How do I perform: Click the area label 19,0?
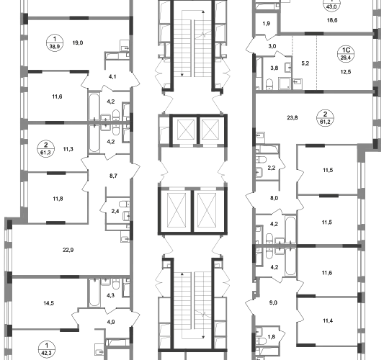(x=78, y=42)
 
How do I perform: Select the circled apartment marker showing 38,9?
(x=55, y=42)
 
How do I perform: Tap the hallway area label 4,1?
(x=112, y=76)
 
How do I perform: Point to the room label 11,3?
(x=68, y=149)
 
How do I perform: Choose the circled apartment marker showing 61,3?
(x=45, y=149)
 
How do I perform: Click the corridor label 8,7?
(x=113, y=176)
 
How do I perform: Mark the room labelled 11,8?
(x=58, y=199)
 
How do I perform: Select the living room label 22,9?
(x=68, y=250)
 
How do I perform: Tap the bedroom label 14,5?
(x=49, y=303)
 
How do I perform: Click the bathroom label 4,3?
(x=110, y=295)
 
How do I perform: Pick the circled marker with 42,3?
(x=47, y=349)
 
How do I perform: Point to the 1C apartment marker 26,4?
(x=346, y=54)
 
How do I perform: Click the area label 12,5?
(x=346, y=72)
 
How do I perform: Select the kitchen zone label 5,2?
(x=305, y=63)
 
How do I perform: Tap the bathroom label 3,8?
(x=274, y=68)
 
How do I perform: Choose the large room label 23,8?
(x=293, y=117)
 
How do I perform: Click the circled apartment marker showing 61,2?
(x=325, y=117)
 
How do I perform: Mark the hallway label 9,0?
(x=273, y=302)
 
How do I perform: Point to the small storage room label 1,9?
(x=267, y=24)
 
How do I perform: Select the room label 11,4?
(x=327, y=320)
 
